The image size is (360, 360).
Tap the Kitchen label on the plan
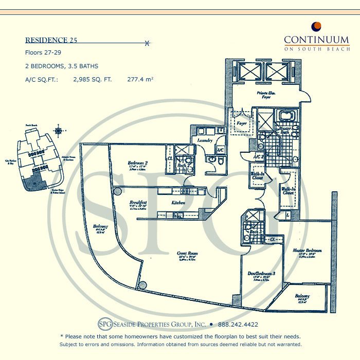(x=178, y=203)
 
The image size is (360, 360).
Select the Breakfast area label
(x=138, y=203)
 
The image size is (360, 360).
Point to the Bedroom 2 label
(x=138, y=164)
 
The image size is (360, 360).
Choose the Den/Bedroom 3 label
(x=260, y=274)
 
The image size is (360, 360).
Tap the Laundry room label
(x=205, y=139)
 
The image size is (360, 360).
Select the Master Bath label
(x=285, y=131)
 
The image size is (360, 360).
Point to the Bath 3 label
(x=255, y=232)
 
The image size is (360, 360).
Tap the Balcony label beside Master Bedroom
(x=302, y=296)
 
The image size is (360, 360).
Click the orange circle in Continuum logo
(x=317, y=26)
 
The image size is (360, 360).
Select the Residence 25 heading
(x=51, y=40)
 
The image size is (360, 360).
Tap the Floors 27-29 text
(x=45, y=53)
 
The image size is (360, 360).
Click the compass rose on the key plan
(x=61, y=130)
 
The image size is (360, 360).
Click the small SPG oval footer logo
(x=104, y=325)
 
